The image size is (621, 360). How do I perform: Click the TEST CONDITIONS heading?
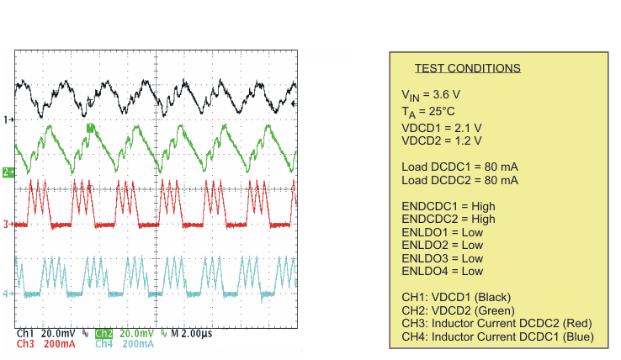coord(467,68)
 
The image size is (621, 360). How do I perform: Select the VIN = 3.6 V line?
coord(431,95)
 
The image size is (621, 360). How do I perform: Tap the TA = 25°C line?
coord(427,111)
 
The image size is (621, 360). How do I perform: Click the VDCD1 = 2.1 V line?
coord(442,127)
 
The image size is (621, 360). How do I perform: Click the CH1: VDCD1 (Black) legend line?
coord(456,297)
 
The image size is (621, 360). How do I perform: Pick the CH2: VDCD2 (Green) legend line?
coord(458,310)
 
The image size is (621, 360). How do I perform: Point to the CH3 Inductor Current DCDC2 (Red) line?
coord(497,324)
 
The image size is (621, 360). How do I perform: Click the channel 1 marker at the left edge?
coord(8,119)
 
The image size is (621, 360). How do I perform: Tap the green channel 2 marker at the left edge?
coord(8,172)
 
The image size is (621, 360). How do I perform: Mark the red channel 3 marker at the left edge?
coord(8,225)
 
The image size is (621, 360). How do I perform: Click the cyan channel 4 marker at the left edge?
coord(8,294)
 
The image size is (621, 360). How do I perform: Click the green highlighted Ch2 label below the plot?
coord(104,333)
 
